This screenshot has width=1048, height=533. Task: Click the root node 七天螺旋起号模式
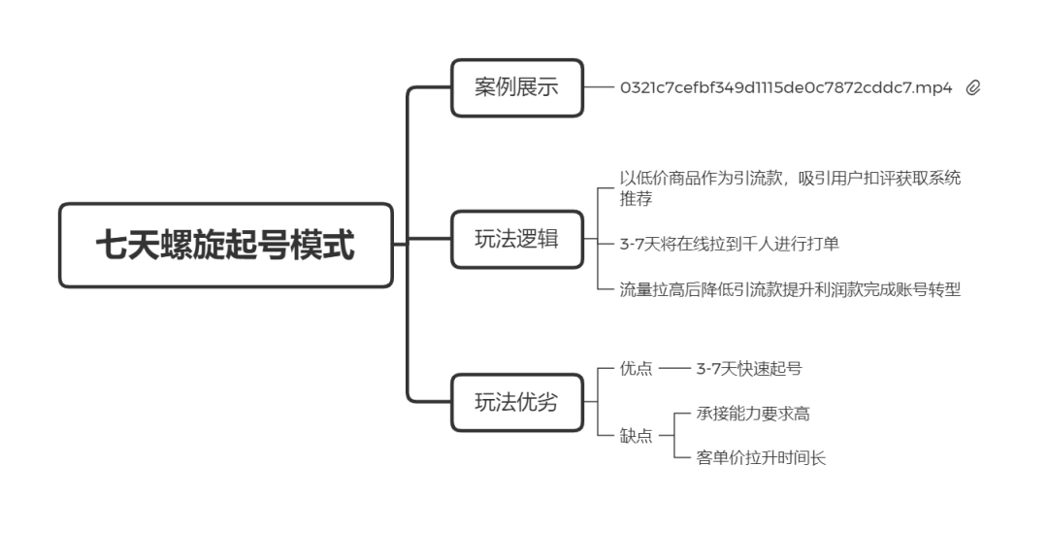click(225, 245)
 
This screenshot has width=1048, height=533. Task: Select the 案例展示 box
click(517, 88)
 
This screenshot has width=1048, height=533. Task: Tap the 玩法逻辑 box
click(517, 238)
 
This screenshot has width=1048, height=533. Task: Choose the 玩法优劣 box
click(517, 400)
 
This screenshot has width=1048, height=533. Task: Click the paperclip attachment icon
click(973, 88)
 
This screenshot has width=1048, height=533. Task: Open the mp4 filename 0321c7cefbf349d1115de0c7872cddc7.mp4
click(786, 88)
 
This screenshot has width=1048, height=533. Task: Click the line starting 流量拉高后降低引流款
click(790, 289)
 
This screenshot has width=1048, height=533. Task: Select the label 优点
click(636, 369)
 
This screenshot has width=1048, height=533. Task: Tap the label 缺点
click(636, 436)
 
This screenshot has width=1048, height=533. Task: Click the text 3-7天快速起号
click(749, 369)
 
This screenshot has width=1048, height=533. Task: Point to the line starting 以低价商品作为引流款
click(790, 178)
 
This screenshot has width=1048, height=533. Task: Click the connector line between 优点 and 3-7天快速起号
click(673, 369)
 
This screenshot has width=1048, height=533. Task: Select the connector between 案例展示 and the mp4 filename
click(601, 88)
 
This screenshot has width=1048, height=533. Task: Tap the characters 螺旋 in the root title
click(192, 246)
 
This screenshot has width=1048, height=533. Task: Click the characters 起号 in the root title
click(258, 246)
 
